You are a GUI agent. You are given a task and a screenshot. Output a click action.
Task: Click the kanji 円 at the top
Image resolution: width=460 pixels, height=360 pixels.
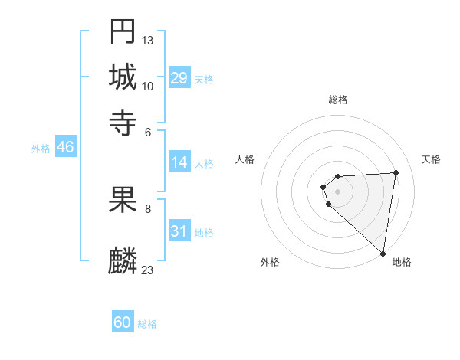(x=123, y=32)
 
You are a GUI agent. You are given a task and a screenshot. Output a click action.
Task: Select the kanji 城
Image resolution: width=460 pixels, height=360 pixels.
(x=123, y=77)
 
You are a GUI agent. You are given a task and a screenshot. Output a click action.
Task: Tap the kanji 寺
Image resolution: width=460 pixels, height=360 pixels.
(x=123, y=123)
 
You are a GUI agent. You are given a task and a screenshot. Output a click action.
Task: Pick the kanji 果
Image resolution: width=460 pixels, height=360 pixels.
(x=123, y=199)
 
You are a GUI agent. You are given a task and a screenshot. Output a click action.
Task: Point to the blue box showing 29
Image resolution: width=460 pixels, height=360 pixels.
(x=179, y=77)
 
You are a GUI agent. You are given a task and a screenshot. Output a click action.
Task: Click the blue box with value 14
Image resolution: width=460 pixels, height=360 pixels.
(x=179, y=162)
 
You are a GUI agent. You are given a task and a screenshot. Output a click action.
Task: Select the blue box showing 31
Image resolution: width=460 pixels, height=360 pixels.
(x=179, y=231)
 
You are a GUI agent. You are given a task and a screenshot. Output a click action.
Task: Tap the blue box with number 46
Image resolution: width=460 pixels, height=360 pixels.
(x=65, y=147)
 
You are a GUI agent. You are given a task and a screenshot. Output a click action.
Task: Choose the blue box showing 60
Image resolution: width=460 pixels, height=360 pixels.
(x=123, y=322)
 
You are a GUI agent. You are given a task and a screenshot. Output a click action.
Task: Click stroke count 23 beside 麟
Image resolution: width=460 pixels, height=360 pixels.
(x=148, y=270)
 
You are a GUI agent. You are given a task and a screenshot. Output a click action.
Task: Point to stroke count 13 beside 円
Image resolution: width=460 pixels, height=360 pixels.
(x=148, y=40)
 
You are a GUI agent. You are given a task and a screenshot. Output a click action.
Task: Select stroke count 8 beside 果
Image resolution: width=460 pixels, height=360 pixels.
(x=148, y=208)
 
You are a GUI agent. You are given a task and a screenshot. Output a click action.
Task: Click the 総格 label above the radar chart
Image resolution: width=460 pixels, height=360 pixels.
(x=338, y=100)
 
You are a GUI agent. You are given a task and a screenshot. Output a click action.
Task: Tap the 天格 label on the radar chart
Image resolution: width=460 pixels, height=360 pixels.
(x=431, y=159)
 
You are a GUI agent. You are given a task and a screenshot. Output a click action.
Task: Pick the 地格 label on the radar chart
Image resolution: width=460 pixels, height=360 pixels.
(x=402, y=262)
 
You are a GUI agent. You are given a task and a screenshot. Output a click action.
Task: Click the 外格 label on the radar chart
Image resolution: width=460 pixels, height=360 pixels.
(x=270, y=262)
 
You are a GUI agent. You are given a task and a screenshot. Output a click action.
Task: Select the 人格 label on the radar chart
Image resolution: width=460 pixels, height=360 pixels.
(x=245, y=159)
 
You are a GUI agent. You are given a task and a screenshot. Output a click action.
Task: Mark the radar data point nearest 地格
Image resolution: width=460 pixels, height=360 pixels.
(x=383, y=254)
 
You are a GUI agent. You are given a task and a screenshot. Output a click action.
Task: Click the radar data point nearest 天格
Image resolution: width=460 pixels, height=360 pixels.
(x=396, y=172)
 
